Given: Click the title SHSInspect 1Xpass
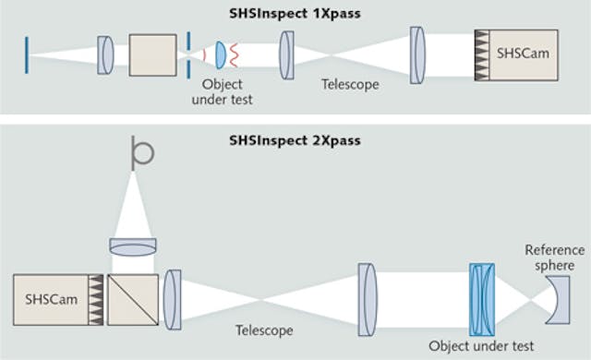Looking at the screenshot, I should tap(295, 15).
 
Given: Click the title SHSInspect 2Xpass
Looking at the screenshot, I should tap(295, 141).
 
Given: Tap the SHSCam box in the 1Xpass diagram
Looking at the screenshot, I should tap(523, 54).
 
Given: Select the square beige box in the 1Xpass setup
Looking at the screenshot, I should tap(152, 54).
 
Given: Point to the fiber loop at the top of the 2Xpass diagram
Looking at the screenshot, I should tap(141, 151).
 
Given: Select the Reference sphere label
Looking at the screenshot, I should tap(554, 257).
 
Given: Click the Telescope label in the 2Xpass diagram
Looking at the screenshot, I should tap(264, 330).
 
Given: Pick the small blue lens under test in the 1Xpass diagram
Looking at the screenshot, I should tap(221, 54).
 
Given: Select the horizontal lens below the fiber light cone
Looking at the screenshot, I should tap(133, 246).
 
